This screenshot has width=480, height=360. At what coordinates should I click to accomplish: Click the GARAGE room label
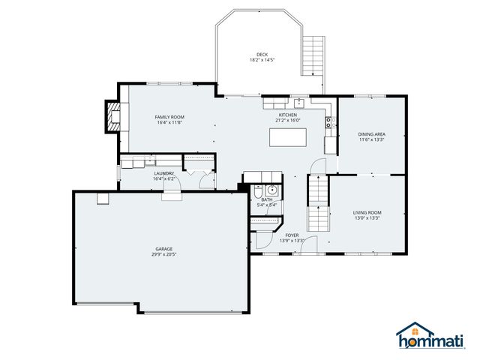165,249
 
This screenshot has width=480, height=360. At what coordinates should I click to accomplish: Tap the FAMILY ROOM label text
169,117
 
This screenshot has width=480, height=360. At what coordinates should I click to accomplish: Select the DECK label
262,54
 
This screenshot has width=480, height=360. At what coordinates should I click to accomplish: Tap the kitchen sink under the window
298,103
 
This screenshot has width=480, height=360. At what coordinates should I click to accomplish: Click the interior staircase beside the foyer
320,201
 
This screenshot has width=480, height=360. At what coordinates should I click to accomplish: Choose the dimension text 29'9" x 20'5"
165,254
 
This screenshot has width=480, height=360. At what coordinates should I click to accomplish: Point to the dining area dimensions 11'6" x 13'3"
371,139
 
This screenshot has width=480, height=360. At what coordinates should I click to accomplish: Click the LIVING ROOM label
367,212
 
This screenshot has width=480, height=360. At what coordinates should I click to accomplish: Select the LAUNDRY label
164,173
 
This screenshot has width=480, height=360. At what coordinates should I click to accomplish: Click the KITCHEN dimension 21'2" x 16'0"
287,120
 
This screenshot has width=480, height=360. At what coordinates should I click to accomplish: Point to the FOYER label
292,235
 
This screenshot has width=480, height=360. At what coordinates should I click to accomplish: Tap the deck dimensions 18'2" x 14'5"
262,59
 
